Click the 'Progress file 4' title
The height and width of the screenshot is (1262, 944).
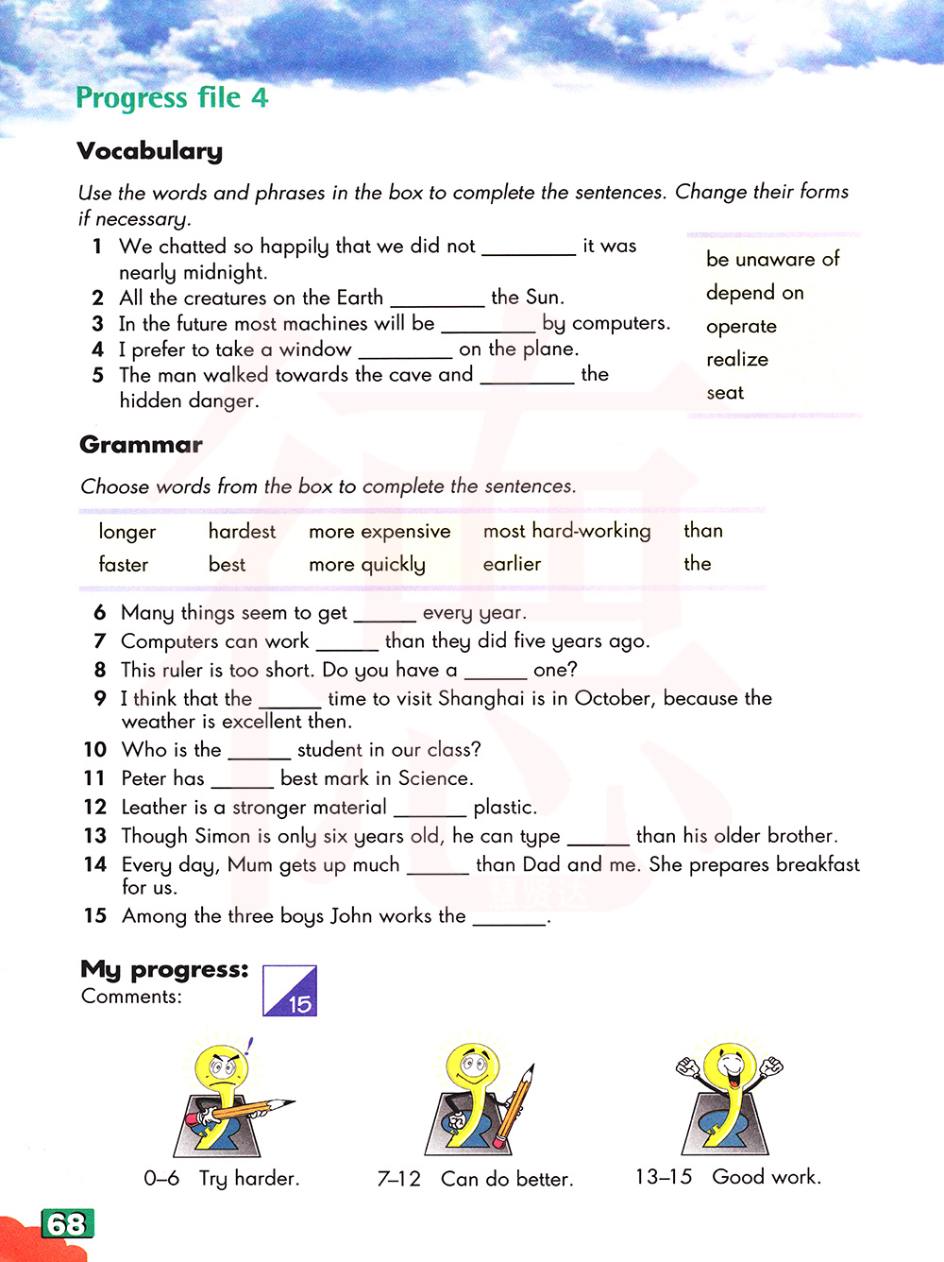172,97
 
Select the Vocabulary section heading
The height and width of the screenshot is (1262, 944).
150,151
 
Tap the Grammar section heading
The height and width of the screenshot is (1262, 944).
141,445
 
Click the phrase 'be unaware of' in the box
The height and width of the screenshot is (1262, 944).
772,259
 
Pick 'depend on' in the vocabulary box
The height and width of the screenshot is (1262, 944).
754,293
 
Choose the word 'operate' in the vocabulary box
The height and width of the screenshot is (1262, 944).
741,327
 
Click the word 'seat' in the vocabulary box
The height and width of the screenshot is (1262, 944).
725,393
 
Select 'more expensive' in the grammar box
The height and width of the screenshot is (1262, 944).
379,532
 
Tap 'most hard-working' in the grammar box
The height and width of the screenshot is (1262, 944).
566,531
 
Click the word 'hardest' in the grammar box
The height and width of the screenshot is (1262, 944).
242,532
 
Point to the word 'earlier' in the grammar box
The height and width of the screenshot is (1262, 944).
512,564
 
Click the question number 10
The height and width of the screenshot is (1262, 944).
95,750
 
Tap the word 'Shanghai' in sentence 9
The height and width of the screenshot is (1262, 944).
480,698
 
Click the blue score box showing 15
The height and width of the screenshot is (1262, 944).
290,991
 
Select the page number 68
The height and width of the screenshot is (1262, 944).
67,1224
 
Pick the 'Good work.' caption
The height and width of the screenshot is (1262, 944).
767,1177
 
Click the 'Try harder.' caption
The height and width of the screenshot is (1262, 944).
249,1179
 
